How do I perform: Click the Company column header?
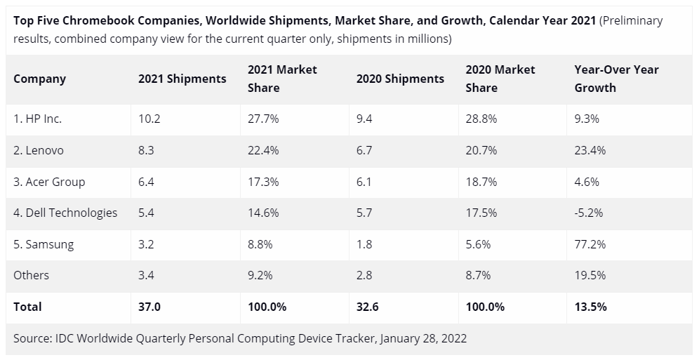39,79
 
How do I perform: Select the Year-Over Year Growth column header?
617,79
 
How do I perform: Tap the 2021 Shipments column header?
182,79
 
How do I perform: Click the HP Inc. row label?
38,119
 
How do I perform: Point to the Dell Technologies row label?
65,213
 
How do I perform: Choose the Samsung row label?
44,244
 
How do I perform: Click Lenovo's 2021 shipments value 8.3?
146,150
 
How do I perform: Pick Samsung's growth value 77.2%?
590,244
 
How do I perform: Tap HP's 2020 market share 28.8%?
481,119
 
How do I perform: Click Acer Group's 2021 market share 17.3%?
263,182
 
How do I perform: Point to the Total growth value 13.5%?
590,307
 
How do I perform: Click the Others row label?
32,275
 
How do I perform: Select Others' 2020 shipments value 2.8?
364,275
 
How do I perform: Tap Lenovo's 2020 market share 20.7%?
481,150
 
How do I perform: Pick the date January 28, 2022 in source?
423,338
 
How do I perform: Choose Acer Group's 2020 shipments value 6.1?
364,182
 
